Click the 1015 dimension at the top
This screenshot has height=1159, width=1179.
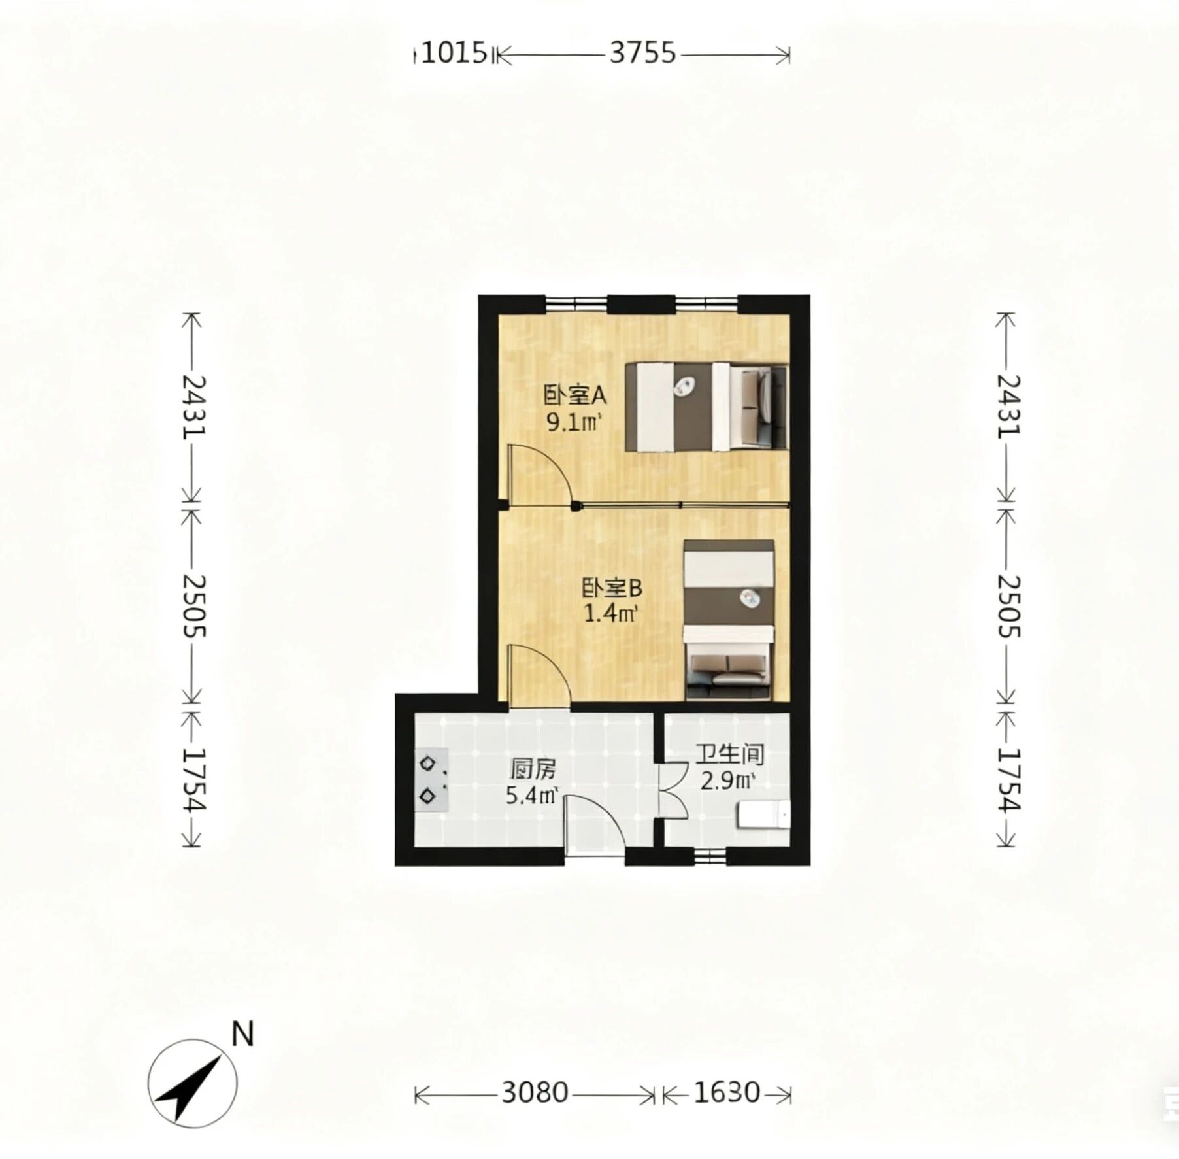[455, 52]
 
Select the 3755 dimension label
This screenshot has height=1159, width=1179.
[642, 52]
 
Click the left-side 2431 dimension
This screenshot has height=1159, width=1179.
[193, 406]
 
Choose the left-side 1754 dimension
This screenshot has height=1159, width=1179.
[193, 779]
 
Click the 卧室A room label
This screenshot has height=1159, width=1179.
[576, 395]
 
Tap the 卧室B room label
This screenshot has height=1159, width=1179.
[612, 588]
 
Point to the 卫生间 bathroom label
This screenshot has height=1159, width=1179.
[729, 754]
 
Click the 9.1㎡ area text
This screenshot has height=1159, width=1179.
[574, 423]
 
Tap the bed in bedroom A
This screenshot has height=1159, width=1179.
[706, 406]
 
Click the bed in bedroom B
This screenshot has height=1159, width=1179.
[729, 620]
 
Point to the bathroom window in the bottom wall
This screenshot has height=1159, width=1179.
[710, 856]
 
